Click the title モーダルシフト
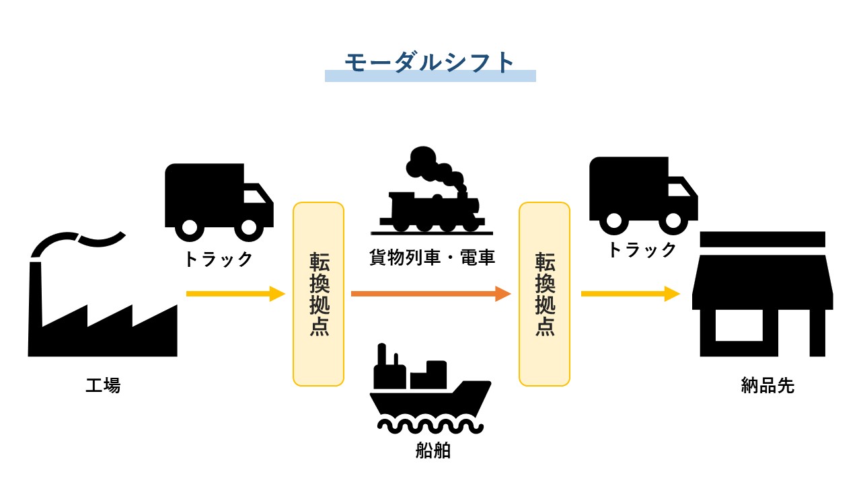tap(430, 62)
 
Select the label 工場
tap(103, 386)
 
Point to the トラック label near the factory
tap(219, 259)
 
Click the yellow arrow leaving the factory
tap(235, 294)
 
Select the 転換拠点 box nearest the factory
tap(318, 294)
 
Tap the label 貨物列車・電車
tap(432, 257)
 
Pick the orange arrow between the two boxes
tap(430, 294)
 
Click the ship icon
tap(430, 390)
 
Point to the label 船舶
tap(433, 450)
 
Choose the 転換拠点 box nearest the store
tap(544, 294)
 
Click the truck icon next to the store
tap(643, 195)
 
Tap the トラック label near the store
tap(642, 249)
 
